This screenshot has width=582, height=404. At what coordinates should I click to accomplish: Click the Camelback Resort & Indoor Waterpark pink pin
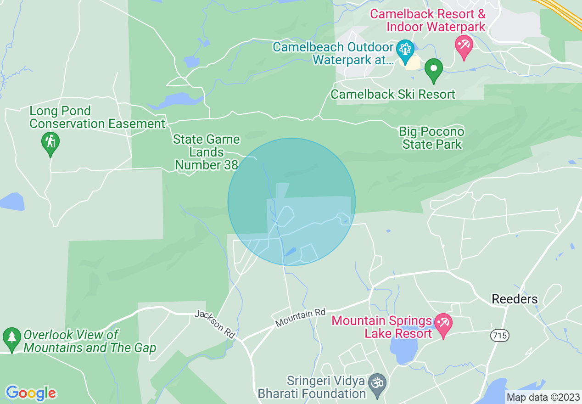[464, 46]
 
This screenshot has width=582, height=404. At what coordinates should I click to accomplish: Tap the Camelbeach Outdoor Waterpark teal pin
[405, 50]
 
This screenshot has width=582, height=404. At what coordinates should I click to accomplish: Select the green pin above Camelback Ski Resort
[433, 70]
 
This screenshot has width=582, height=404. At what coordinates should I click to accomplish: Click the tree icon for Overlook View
[11, 338]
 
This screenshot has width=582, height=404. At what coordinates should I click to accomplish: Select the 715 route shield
[500, 336]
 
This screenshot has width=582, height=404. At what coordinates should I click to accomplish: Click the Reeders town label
[515, 299]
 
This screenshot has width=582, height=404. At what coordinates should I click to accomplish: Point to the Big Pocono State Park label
[431, 138]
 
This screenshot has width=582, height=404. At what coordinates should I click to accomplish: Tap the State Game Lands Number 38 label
[206, 152]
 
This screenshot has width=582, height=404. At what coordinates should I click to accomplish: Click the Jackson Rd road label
[215, 325]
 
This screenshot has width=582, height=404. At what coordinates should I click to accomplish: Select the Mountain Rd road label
[300, 318]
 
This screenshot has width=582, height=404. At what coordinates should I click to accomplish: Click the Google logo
[31, 393]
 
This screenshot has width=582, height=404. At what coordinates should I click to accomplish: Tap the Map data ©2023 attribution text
[543, 397]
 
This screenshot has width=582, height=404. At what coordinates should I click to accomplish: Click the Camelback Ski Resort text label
[393, 95]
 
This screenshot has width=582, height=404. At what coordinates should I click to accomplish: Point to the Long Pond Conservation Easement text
[97, 118]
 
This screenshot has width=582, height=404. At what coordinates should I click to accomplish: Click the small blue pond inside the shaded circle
[290, 252]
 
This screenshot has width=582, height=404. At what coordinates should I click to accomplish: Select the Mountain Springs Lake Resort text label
[382, 327]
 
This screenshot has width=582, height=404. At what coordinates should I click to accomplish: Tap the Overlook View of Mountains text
[90, 341]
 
